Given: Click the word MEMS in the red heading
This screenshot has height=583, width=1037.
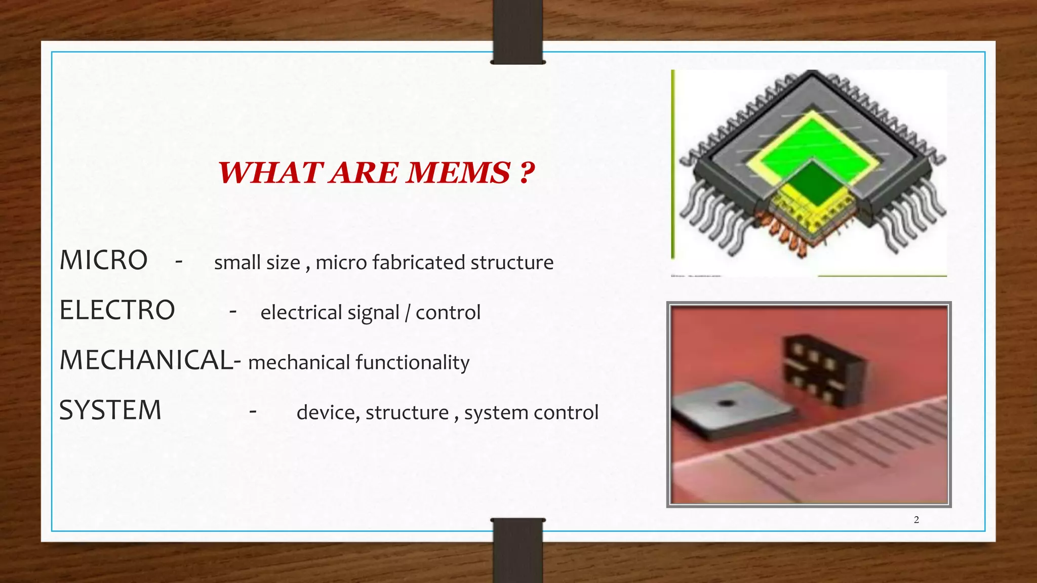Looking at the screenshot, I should (459, 173).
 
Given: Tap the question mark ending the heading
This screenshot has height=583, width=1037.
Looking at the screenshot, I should (527, 173).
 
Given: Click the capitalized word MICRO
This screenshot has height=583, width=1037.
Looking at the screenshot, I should (104, 261).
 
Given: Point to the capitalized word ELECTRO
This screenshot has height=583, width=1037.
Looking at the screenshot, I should (117, 310).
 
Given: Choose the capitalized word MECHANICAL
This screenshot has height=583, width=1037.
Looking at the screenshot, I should (147, 360).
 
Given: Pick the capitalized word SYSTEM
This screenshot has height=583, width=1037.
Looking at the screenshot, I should (110, 410).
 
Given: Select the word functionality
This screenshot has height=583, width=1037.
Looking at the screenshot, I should (412, 363).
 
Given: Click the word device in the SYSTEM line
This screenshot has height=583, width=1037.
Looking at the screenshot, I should (328, 413).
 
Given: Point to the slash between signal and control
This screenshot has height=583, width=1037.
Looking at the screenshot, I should (408, 313).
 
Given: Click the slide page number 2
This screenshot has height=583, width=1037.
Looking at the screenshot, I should (916, 520).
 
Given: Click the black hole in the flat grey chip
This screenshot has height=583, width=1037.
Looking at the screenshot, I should (727, 403).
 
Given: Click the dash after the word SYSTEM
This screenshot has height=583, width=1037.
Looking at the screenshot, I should (253, 411).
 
